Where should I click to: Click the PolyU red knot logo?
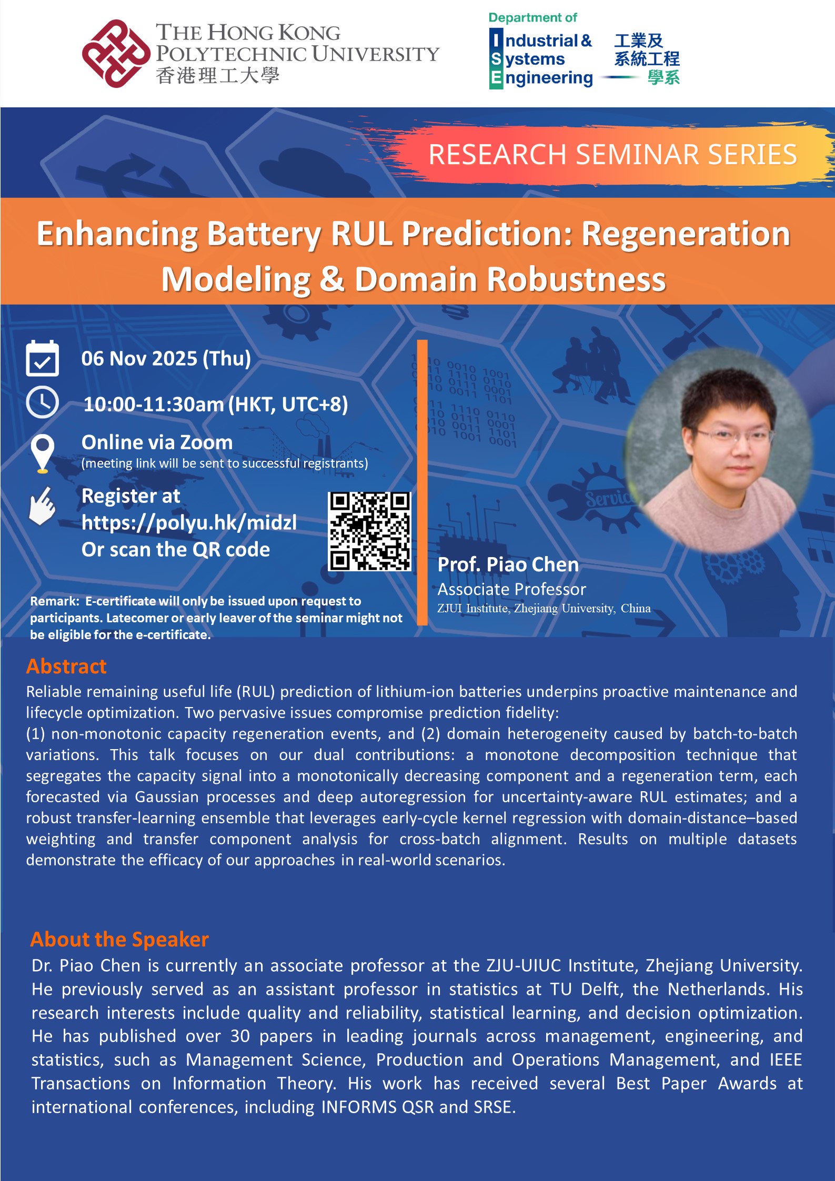[x=116, y=53]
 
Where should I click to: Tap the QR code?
[x=369, y=531]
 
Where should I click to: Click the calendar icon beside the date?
[x=42, y=358]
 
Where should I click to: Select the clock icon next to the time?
[x=42, y=402]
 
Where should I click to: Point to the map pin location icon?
[x=42, y=452]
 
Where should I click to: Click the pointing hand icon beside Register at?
[x=42, y=506]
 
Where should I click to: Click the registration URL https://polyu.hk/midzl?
[x=189, y=522]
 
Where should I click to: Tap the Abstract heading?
[x=66, y=666]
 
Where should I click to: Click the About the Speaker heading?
[x=119, y=939]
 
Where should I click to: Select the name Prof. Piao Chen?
[x=508, y=564]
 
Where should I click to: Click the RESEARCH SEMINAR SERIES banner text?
[x=612, y=154]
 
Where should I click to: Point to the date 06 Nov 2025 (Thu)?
[x=166, y=358]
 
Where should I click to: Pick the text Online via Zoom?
[x=157, y=442]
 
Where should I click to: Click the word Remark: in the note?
[x=54, y=601]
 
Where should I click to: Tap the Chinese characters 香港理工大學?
[x=217, y=76]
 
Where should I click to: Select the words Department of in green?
[x=532, y=17]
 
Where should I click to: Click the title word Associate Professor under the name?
[x=511, y=589]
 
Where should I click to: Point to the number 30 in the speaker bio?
[x=240, y=1036]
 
